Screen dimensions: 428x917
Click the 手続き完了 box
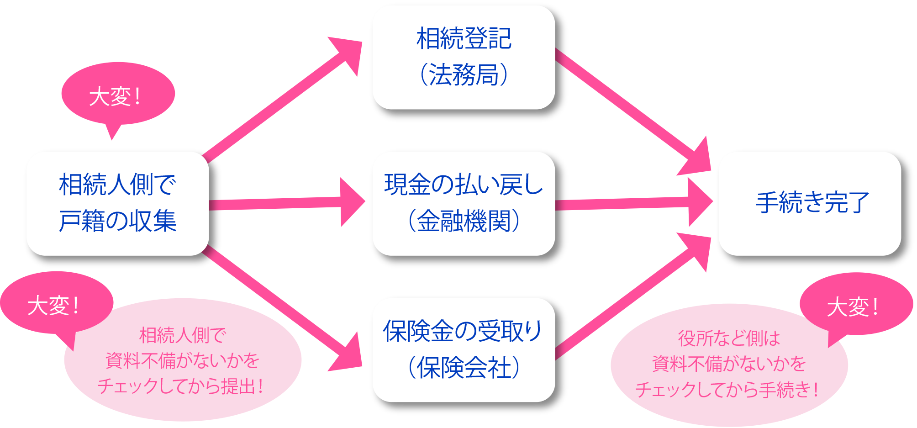click(809, 203)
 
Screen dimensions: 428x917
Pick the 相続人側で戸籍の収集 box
click(117, 203)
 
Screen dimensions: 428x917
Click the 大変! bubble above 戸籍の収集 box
click(117, 95)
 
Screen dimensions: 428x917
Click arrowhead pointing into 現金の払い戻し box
click(353, 202)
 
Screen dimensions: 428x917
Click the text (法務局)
click(464, 74)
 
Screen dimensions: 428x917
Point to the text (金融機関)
click(464, 221)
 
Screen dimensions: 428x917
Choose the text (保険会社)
click(464, 368)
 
